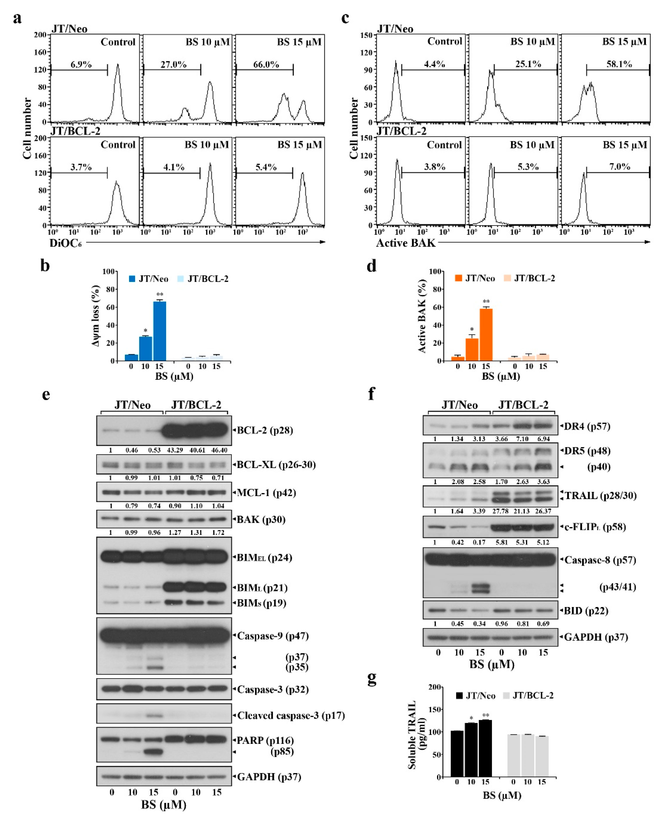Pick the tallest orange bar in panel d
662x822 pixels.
pyautogui.click(x=486, y=334)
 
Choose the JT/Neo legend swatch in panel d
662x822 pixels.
pyautogui.click(x=458, y=278)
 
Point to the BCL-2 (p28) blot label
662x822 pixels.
pyautogui.click(x=265, y=430)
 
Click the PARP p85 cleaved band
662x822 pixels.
pyautogui.click(x=153, y=752)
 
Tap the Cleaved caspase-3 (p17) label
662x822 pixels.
pyautogui.click(x=291, y=715)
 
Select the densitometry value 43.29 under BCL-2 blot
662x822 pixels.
pyautogui.click(x=175, y=450)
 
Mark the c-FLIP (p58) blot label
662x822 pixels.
pyautogui.click(x=595, y=527)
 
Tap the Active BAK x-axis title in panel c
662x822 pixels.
pyautogui.click(x=406, y=243)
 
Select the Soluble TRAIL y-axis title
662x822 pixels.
pyautogui.click(x=417, y=735)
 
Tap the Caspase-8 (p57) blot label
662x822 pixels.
pyautogui.click(x=600, y=560)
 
